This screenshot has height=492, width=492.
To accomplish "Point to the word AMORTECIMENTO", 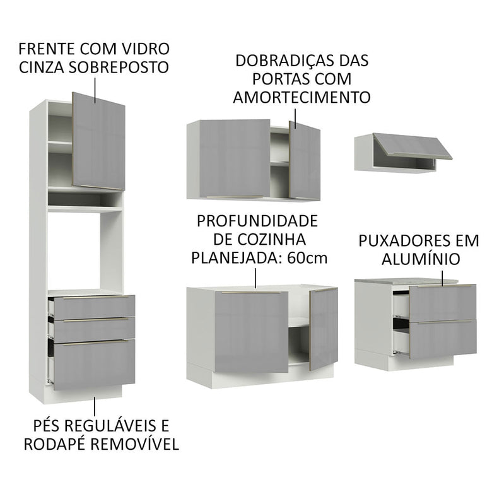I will [301, 97].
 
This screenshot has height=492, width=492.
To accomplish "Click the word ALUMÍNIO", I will [419, 259].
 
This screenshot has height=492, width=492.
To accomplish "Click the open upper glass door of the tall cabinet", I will [98, 141].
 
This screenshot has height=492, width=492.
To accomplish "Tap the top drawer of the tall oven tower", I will [93, 306].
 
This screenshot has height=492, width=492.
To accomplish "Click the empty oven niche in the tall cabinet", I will [74, 249].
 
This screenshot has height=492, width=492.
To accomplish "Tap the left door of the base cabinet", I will [251, 331].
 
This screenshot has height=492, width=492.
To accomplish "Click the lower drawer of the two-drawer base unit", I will [442, 339].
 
